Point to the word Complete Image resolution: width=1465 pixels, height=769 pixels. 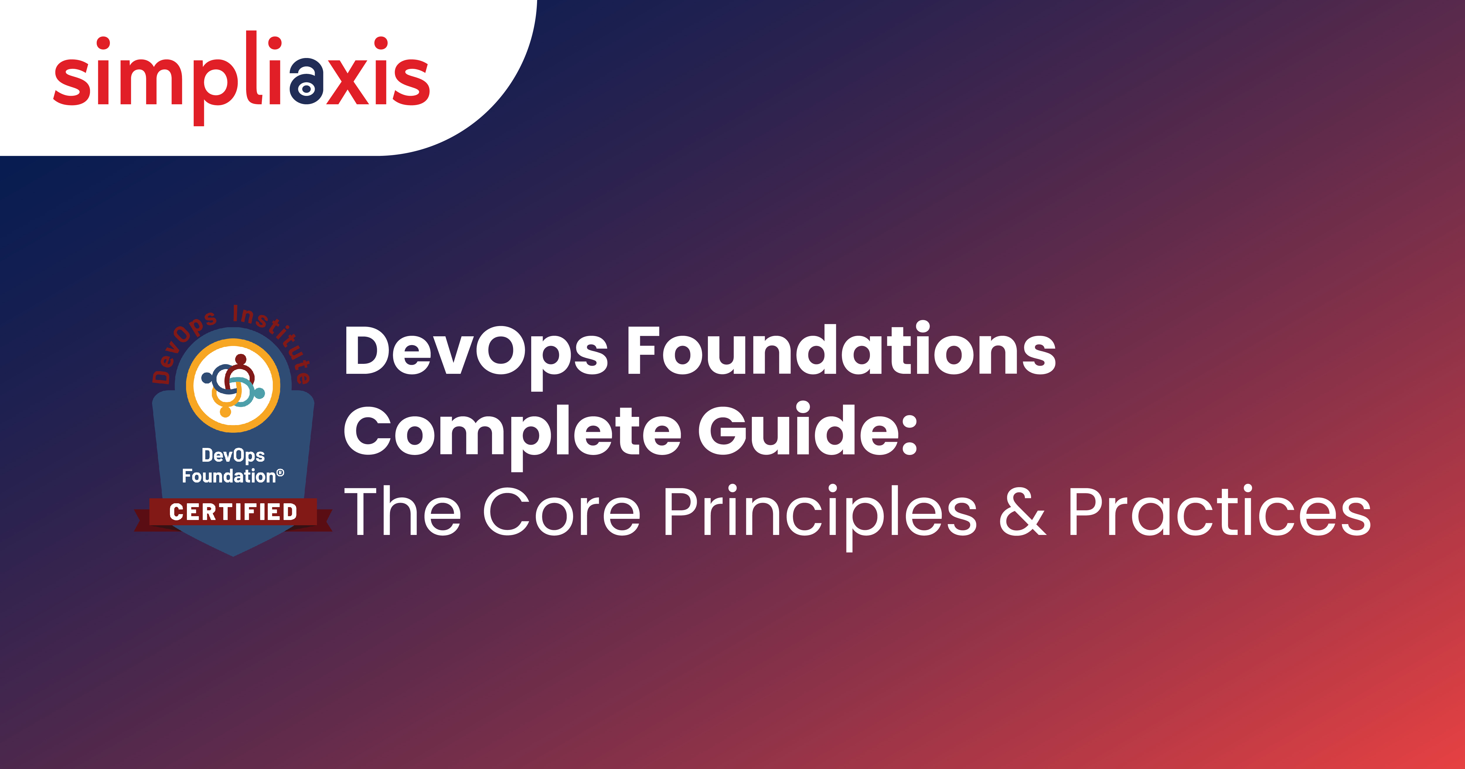(x=512, y=432)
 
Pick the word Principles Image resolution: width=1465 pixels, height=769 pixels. (x=819, y=512)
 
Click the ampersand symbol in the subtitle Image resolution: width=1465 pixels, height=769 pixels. (x=1022, y=512)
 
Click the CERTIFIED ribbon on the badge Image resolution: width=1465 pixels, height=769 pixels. (x=233, y=512)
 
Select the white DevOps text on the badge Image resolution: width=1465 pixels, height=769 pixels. (x=233, y=455)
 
